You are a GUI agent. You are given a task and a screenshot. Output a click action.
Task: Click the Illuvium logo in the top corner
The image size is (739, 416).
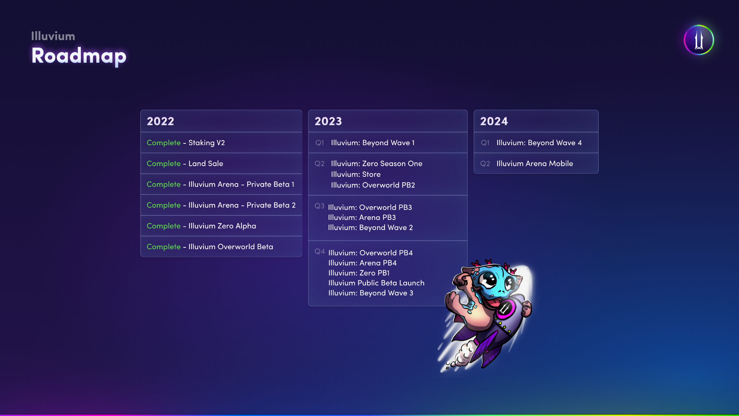pyautogui.click(x=699, y=40)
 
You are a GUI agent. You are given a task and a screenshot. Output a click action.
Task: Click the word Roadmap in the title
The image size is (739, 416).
pyautogui.click(x=79, y=56)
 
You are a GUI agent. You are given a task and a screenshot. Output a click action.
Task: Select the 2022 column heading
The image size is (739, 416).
pyautogui.click(x=161, y=121)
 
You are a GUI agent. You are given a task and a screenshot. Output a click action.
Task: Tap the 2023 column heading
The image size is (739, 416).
pyautogui.click(x=328, y=121)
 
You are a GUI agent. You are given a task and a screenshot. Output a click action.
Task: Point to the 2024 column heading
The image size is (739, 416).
pyautogui.click(x=494, y=121)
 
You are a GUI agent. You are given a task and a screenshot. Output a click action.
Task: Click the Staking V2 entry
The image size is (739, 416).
pyautogui.click(x=207, y=143)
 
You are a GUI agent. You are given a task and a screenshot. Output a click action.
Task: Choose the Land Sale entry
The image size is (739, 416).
pyautogui.click(x=206, y=164)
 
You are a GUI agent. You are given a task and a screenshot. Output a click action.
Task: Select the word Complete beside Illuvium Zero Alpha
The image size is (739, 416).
pyautogui.click(x=163, y=226)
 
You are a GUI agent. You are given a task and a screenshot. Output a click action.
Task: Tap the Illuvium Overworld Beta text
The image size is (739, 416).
pyautogui.click(x=231, y=247)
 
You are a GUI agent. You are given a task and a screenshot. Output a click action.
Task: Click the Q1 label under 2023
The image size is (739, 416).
pyautogui.click(x=320, y=143)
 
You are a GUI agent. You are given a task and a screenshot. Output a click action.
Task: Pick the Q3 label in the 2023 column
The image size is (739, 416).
pyautogui.click(x=319, y=206)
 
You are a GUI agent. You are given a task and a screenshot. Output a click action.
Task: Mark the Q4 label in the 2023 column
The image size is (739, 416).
pyautogui.click(x=320, y=251)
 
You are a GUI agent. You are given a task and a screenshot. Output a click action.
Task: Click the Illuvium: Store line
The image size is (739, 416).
pyautogui.click(x=356, y=174)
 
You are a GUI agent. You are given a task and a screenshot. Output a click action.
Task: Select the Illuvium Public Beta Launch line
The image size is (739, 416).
pyautogui.click(x=376, y=283)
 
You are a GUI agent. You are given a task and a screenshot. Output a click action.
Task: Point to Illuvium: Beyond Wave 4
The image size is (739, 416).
pyautogui.click(x=539, y=143)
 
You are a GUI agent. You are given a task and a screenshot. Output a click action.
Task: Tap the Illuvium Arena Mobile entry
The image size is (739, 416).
pyautogui.click(x=535, y=164)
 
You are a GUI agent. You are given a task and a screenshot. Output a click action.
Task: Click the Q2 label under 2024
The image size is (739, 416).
pyautogui.click(x=485, y=164)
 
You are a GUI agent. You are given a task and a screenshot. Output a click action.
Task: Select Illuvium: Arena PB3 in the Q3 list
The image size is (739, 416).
pyautogui.click(x=362, y=217)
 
